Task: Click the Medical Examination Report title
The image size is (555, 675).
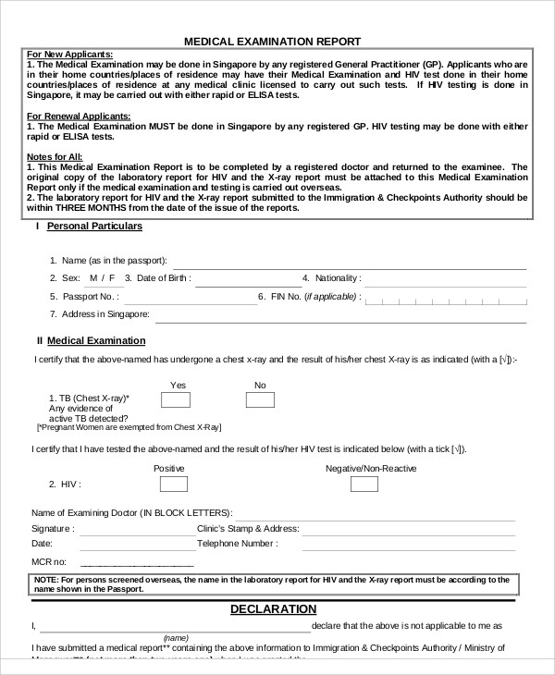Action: [272, 41]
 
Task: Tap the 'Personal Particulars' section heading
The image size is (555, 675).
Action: [94, 226]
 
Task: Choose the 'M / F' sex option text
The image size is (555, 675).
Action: [99, 277]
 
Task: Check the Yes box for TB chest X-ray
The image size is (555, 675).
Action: [176, 399]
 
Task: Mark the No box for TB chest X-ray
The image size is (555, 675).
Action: [260, 399]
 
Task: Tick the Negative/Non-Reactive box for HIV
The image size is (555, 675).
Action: [364, 484]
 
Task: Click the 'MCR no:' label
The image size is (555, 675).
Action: [49, 561]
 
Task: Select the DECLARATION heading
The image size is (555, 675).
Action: [273, 609]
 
